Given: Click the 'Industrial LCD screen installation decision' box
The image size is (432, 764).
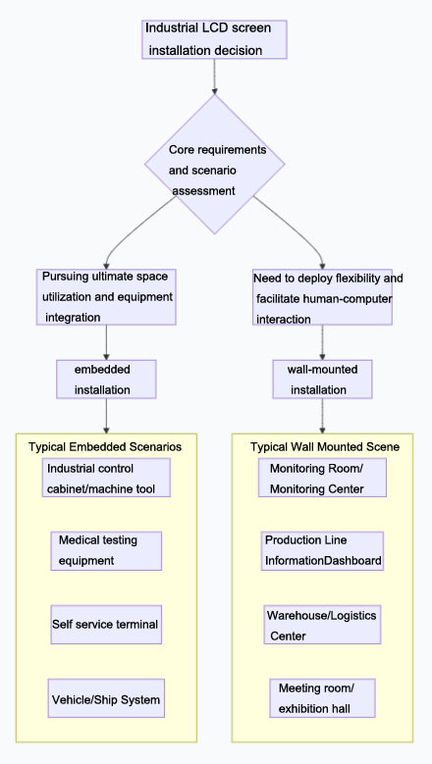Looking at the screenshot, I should [x=214, y=38].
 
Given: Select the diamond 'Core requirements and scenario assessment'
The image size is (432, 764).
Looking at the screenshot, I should [x=215, y=165].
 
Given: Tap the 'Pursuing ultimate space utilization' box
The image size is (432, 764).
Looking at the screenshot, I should [x=106, y=297].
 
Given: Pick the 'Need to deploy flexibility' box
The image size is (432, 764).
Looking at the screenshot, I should [x=322, y=298].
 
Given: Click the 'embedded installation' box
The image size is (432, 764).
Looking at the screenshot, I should [x=106, y=379].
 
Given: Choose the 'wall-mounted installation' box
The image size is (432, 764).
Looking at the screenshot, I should [x=322, y=379].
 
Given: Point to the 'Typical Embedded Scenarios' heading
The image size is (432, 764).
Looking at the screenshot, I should [x=105, y=446].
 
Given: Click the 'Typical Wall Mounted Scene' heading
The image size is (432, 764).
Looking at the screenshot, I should [x=325, y=446].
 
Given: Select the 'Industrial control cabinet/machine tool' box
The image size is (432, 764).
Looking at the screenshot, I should [x=106, y=479].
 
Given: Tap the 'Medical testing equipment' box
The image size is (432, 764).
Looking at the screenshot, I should [x=106, y=550].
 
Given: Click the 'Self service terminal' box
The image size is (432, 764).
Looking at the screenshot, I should [x=106, y=624].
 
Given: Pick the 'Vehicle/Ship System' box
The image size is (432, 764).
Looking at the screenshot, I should [x=106, y=699].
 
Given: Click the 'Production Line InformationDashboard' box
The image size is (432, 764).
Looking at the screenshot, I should [x=322, y=550].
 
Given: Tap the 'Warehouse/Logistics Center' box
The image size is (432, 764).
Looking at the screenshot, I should [x=322, y=625].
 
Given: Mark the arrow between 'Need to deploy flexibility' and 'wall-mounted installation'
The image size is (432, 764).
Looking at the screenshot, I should [x=322, y=342].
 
